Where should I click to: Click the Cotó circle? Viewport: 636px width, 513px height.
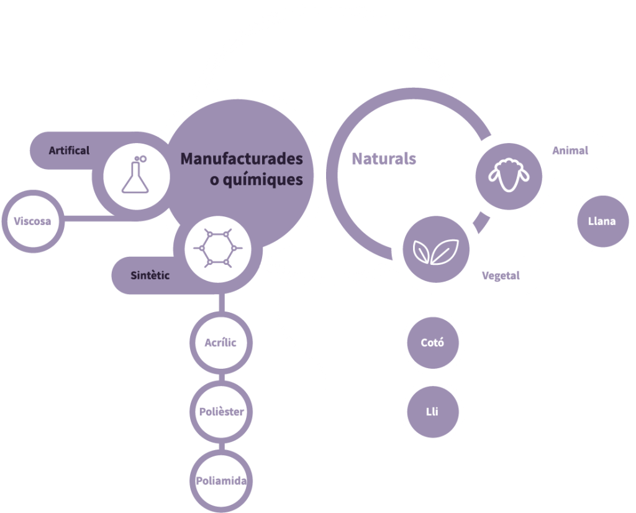click(433, 343)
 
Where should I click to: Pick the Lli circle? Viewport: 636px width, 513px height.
click(433, 412)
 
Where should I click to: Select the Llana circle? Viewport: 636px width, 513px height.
click(602, 221)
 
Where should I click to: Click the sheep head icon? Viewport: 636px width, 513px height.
click(509, 175)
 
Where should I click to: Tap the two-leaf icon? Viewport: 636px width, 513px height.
click(435, 252)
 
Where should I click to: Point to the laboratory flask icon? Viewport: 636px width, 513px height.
click(135, 175)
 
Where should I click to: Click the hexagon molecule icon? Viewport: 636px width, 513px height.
click(218, 247)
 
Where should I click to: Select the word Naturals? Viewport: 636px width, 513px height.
click(384, 159)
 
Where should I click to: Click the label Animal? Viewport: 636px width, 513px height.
click(570, 150)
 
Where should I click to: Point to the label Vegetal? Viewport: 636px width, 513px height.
click(501, 276)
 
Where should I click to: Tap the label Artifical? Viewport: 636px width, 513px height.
click(69, 150)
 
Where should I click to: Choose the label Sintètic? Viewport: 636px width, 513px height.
click(150, 275)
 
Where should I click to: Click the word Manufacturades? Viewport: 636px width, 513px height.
click(242, 159)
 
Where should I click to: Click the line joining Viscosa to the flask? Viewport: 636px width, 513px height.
click(89, 218)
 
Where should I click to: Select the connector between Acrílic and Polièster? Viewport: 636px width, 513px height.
click(222, 377)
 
